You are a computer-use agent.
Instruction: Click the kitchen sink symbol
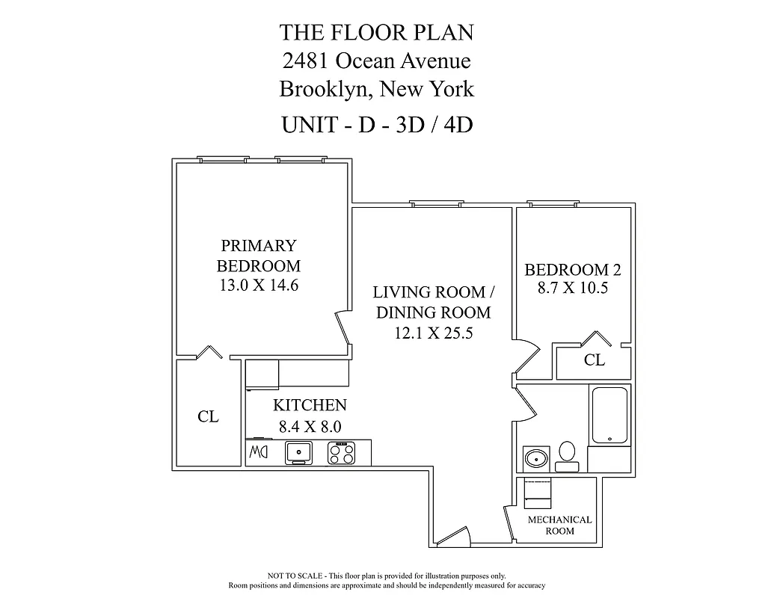[x=300, y=452]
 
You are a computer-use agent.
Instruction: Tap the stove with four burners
[x=343, y=452]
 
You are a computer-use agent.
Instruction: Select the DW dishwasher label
[x=257, y=452]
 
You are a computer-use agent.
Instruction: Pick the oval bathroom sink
[x=535, y=457]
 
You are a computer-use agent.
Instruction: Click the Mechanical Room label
[x=559, y=525]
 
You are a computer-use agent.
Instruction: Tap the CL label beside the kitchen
[x=208, y=417]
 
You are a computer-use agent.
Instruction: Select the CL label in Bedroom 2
[x=594, y=360]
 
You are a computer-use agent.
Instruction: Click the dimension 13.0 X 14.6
[x=258, y=285]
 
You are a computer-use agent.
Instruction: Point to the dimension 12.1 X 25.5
[x=433, y=333]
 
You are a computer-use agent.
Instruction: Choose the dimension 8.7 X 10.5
[x=572, y=288]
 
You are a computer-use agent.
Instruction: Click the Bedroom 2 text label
[x=572, y=270]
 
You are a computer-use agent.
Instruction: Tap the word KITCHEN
[x=309, y=405]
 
